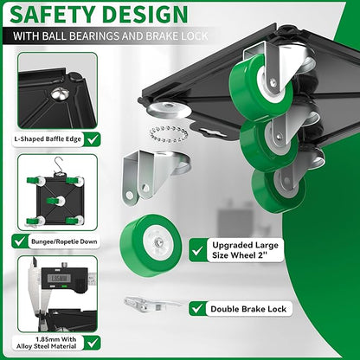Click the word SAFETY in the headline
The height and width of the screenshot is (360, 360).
click(53, 14)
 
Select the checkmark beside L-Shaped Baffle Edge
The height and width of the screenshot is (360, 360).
click(93, 139)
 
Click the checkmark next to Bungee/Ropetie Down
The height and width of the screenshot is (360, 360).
click(20, 241)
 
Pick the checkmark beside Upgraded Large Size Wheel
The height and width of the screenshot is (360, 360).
click(197, 250)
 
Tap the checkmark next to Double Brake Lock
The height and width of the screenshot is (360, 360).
click(197, 309)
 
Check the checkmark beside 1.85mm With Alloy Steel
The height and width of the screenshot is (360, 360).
click(93, 343)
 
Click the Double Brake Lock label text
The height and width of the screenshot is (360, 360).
click(248, 309)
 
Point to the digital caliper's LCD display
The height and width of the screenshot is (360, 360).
click(61, 279)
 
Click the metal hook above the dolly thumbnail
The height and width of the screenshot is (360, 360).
click(59, 165)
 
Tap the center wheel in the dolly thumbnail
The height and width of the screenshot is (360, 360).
click(55, 201)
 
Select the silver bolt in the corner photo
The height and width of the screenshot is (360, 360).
click(60, 93)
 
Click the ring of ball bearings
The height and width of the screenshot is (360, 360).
click(169, 134)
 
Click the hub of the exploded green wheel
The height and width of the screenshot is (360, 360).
click(158, 241)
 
